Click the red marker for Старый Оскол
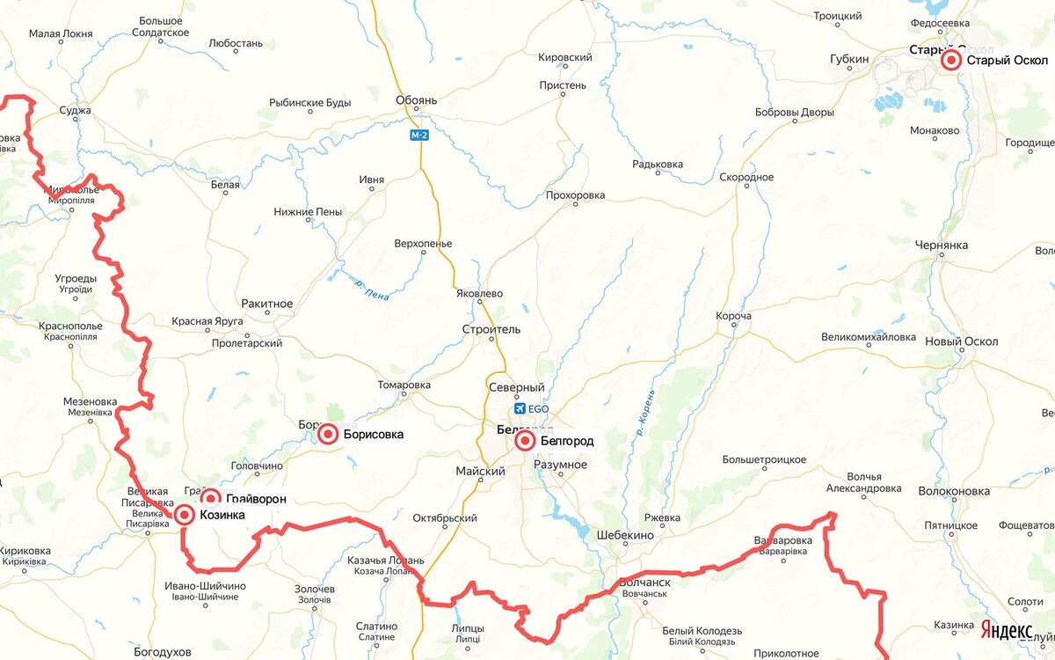tap(950, 61)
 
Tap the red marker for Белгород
tap(525, 441)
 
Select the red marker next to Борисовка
tap(328, 434)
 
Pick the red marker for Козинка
tap(185, 515)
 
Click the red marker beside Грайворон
tap(210, 499)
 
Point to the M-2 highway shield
tap(418, 136)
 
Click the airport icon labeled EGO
tap(518, 408)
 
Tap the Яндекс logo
tap(1007, 630)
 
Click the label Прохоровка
tap(576, 194)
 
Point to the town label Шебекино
tap(624, 535)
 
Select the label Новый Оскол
tap(963, 341)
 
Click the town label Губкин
tap(849, 59)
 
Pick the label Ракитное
tap(266, 304)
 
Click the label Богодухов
tap(163, 652)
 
